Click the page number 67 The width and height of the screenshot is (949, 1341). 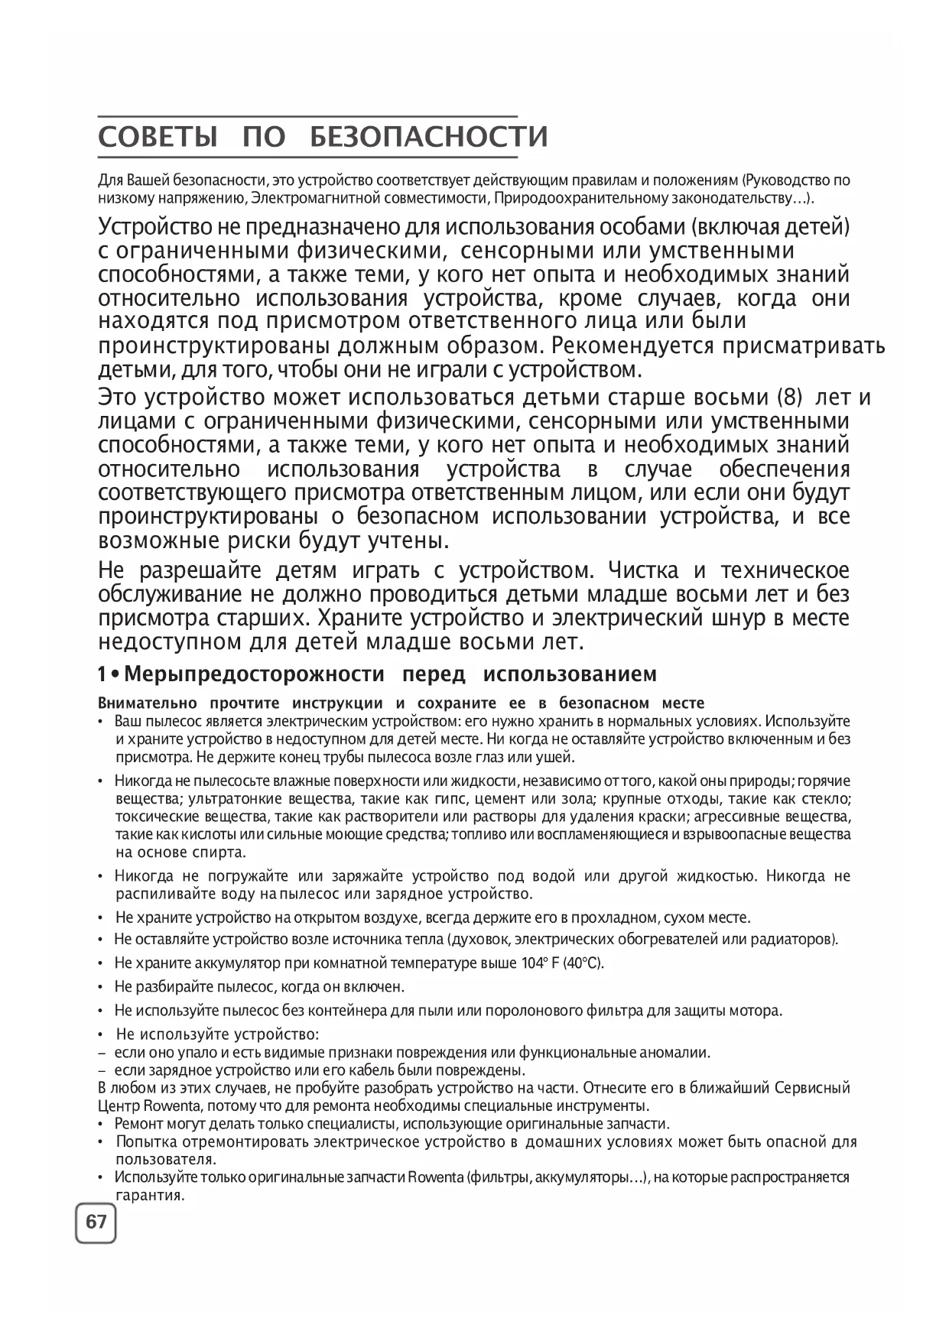(x=96, y=1222)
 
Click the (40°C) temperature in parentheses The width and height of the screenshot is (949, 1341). (x=583, y=963)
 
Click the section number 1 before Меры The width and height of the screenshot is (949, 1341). (x=102, y=674)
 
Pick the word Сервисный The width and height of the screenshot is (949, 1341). (x=813, y=1088)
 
